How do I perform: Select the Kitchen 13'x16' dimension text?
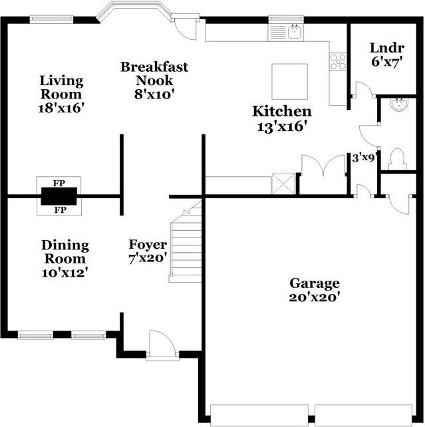(281, 126)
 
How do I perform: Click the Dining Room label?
(65, 252)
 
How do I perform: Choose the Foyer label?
(148, 245)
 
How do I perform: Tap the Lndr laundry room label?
(382, 48)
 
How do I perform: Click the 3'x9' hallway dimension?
(364, 158)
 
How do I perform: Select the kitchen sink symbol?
(295, 31)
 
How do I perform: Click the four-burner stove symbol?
(338, 61)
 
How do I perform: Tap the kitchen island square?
(289, 81)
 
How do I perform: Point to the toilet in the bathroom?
(397, 158)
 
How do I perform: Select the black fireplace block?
(59, 196)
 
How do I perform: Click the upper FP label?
(59, 182)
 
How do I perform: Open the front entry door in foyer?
(162, 346)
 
